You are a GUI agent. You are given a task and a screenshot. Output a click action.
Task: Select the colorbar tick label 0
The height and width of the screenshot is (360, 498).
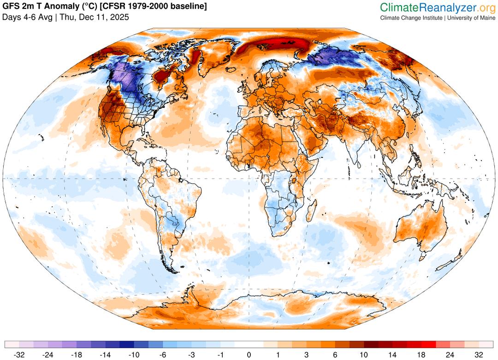click(x=249, y=354)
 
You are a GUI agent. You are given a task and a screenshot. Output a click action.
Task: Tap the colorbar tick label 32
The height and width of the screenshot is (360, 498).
click(x=479, y=354)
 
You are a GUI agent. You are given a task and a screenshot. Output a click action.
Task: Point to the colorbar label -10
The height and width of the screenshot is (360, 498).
click(x=134, y=354)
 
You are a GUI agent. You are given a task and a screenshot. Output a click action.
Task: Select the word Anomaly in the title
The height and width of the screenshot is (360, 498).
click(x=60, y=6)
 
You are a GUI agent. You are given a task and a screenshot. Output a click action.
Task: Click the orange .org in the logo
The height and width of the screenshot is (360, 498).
click(x=487, y=7)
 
